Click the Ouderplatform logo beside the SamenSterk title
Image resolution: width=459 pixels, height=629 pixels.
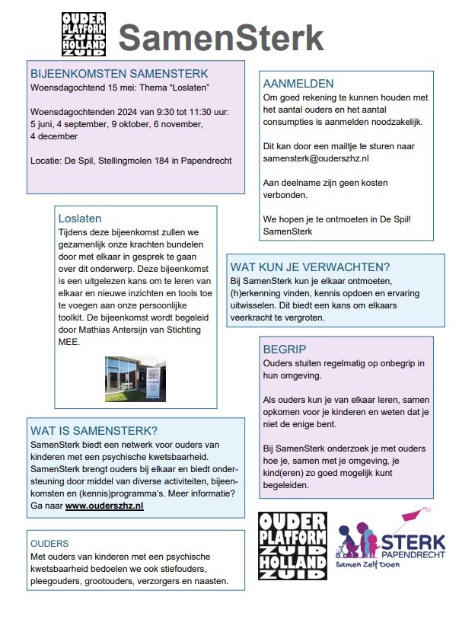[84, 34]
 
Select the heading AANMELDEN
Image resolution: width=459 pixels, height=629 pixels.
[298, 83]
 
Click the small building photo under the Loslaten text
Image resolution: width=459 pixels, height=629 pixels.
[135, 378]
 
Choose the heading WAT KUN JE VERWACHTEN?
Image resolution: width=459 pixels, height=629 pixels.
[310, 267]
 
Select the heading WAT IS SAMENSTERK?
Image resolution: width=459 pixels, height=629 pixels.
[94, 429]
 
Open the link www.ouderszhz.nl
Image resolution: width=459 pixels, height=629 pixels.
[104, 505]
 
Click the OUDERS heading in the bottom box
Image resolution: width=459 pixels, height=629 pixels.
[49, 544]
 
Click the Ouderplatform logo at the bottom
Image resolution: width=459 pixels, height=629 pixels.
[292, 545]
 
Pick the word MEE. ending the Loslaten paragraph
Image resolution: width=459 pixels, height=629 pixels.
[69, 342]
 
